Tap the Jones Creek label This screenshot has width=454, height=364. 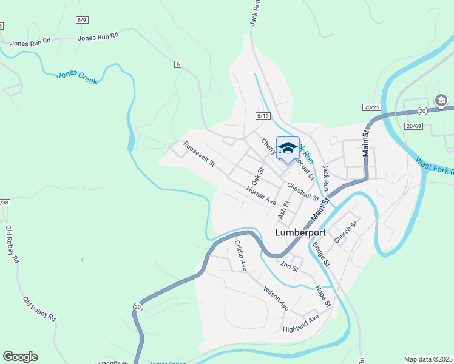[x=76, y=78]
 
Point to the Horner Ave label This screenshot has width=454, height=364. [x=262, y=195]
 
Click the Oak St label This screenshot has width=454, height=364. [x=258, y=176]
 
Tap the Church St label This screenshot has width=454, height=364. [x=346, y=232]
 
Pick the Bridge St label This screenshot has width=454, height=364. [x=320, y=254]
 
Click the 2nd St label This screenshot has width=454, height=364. [x=290, y=265]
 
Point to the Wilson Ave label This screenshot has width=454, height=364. [x=276, y=298]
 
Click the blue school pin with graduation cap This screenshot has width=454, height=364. [x=288, y=149]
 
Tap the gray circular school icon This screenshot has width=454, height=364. [x=441, y=100]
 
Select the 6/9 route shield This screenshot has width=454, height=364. [x=83, y=20]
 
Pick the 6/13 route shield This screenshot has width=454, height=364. [x=262, y=115]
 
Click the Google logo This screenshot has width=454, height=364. [x=20, y=357]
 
